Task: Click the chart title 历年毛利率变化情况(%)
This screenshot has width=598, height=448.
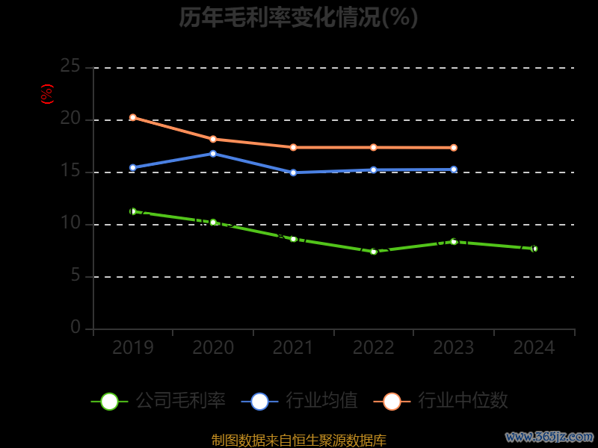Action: tap(298, 17)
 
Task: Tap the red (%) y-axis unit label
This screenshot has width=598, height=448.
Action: tap(47, 94)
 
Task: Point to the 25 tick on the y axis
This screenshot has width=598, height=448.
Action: tap(70, 66)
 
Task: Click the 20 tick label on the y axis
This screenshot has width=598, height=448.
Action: tap(70, 119)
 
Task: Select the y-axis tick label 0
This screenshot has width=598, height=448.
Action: tap(75, 327)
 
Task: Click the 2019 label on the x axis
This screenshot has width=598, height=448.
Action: tap(133, 348)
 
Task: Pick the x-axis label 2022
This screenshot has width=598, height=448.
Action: tap(374, 348)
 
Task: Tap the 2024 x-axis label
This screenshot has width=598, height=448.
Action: tap(534, 348)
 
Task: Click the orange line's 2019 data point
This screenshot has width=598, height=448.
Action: tap(133, 117)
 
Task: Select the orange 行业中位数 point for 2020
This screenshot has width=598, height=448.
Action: tap(213, 139)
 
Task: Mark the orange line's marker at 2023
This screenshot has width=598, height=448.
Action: tap(454, 148)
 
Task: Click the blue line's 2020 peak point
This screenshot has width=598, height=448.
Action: tap(213, 154)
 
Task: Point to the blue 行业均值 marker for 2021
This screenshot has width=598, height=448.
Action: tap(293, 172)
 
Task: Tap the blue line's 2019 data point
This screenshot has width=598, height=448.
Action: tap(133, 168)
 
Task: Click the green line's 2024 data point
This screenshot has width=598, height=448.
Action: tap(534, 249)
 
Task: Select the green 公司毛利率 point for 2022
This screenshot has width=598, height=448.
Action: tap(374, 252)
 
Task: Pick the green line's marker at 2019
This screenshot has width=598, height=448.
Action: tap(133, 211)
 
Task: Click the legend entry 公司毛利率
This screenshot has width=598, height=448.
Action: tap(158, 401)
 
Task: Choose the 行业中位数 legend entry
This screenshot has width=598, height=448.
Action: tap(446, 401)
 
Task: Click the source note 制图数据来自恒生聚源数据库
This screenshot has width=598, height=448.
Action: tap(299, 441)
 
